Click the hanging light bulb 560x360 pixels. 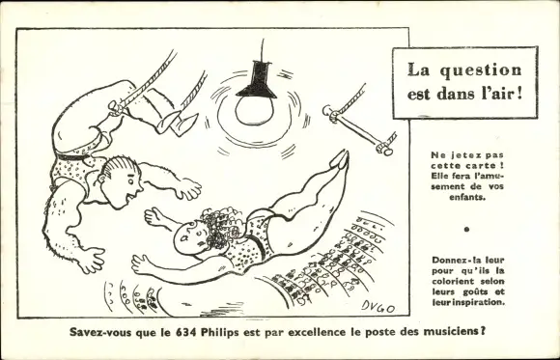coord(254,111)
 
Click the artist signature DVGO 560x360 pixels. coord(378,306)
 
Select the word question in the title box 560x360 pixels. coord(481,70)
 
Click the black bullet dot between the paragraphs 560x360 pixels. coord(466,230)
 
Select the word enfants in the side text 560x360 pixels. coord(467,197)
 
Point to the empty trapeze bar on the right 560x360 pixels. coord(358,130)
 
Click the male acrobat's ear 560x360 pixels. coord(102,178)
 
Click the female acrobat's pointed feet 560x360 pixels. coord(340,159)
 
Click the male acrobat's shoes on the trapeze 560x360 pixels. coord(177,124)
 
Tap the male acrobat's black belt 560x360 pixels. coord(73,156)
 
